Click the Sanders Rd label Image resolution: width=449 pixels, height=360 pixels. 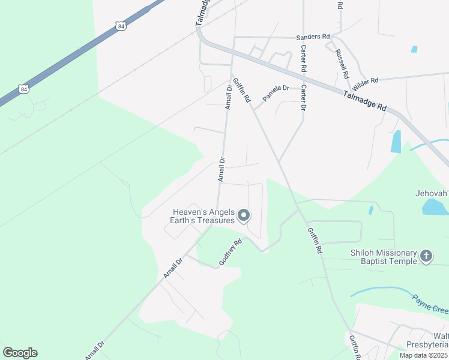tap(313, 37)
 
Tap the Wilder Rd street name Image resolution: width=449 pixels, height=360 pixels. tap(366, 80)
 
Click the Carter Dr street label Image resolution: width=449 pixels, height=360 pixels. tap(303, 98)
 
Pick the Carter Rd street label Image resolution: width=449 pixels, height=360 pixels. tap(304, 58)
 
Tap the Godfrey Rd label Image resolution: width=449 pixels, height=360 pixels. tap(231, 253)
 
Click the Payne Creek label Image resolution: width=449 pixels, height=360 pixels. tap(430, 304)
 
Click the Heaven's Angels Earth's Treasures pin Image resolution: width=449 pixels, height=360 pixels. tap(244, 215)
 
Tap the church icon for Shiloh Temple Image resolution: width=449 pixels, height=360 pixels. tap(426, 257)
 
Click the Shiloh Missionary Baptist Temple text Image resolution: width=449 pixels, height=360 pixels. tap(384, 257)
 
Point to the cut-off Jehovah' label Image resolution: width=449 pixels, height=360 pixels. tap(432, 194)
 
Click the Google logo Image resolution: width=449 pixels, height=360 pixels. tap(20, 353)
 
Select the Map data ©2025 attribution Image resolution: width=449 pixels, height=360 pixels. tap(423, 355)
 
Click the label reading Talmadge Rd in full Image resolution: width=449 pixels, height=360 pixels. tap(364, 100)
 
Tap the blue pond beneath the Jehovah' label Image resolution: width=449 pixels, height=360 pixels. tap(435, 207)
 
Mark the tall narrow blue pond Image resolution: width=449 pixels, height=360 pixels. tap(396, 142)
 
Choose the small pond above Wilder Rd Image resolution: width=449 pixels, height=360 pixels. tap(414, 49)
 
